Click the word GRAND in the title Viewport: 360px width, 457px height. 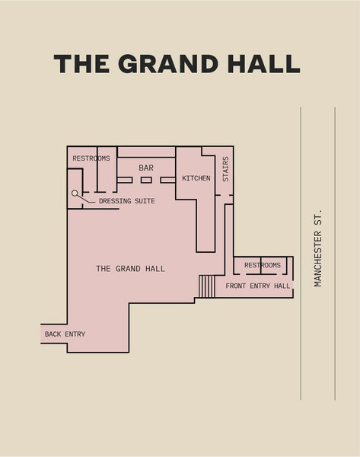click(168, 63)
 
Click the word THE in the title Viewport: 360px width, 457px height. click(81, 63)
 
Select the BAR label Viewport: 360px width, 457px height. click(146, 168)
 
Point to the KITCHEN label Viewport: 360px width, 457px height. click(196, 178)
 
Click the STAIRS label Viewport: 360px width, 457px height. click(226, 169)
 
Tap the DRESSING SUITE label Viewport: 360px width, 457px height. click(126, 201)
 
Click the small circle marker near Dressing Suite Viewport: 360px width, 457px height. click(75, 193)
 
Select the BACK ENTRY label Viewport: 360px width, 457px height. click(65, 334)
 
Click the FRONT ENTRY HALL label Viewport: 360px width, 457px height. click(258, 286)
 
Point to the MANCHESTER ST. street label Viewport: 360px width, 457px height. click(318, 248)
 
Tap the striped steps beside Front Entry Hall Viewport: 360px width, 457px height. click(207, 286)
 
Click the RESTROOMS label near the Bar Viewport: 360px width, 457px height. click(91, 158)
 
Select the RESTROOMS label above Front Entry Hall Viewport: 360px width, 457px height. click(263, 265)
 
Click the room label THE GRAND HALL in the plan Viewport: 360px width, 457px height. click(130, 268)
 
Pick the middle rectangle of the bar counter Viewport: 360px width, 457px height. click(146, 180)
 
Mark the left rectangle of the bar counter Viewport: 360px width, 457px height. click(125, 180)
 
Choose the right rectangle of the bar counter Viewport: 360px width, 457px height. click(167, 180)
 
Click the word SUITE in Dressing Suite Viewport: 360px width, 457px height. click(145, 201)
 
